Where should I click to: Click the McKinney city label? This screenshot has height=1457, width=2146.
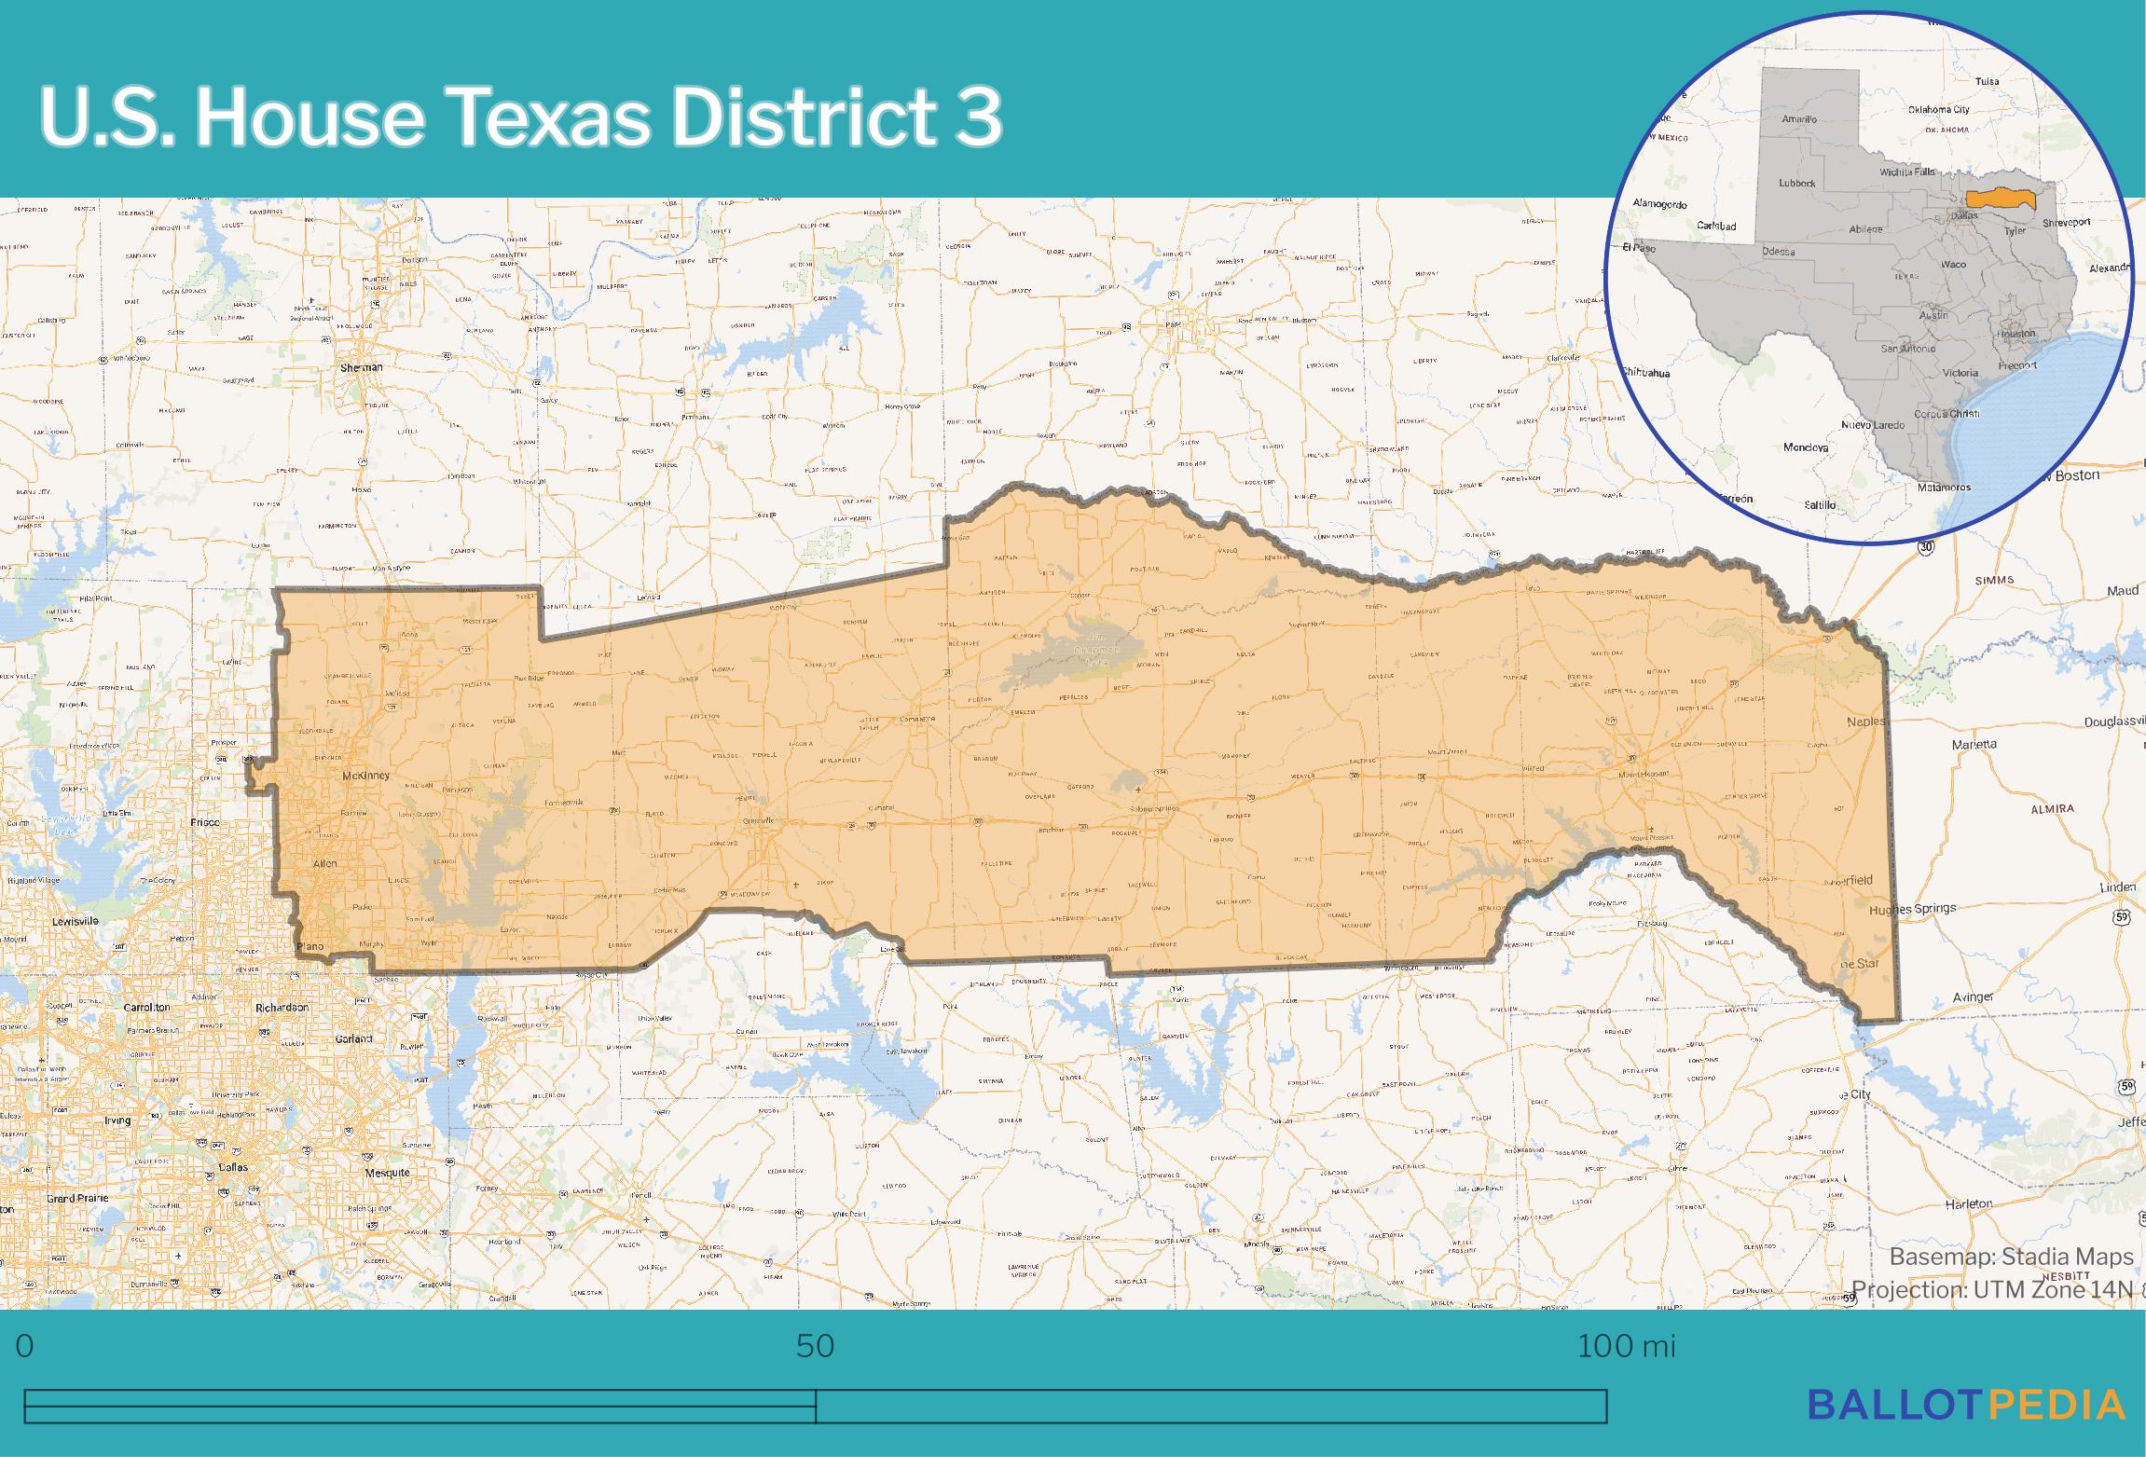click(x=365, y=776)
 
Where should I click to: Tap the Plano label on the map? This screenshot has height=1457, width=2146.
click(x=310, y=947)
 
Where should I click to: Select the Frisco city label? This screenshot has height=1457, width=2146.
click(x=204, y=822)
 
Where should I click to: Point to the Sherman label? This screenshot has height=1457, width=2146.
click(x=362, y=367)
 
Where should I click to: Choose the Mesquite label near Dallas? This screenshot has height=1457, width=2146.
click(x=387, y=1173)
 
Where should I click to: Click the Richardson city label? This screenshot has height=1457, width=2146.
click(x=282, y=1008)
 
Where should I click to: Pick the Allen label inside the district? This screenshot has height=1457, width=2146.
click(x=324, y=864)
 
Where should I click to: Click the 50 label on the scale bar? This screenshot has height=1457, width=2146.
click(x=815, y=1346)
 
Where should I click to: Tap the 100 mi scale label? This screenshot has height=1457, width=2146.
click(x=1626, y=1346)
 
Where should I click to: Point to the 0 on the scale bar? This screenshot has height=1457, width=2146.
click(x=24, y=1346)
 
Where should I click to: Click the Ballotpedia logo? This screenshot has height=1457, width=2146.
click(x=1967, y=1405)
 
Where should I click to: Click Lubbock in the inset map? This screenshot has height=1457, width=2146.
click(x=1796, y=184)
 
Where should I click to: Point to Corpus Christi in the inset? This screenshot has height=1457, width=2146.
click(x=1947, y=414)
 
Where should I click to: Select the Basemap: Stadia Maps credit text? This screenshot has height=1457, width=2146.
click(x=2011, y=1258)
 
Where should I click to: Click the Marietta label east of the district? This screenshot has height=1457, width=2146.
click(x=1974, y=744)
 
